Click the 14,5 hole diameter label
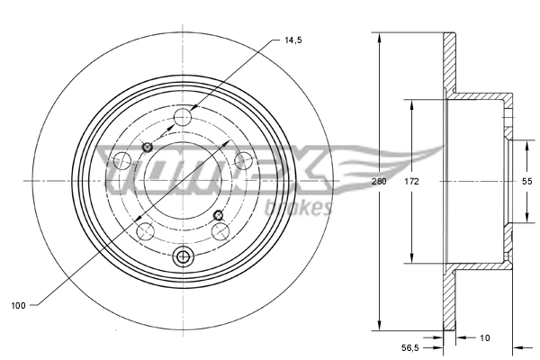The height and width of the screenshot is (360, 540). click(x=292, y=40)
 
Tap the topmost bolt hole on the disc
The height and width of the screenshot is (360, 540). click(x=184, y=116)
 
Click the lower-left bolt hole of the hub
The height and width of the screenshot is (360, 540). click(x=141, y=233)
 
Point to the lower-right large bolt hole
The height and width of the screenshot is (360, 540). click(x=219, y=233)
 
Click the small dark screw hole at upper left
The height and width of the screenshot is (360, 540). click(x=148, y=147)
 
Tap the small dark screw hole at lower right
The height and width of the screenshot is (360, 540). click(x=219, y=214)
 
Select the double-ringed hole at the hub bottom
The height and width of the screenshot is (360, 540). click(x=184, y=257)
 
